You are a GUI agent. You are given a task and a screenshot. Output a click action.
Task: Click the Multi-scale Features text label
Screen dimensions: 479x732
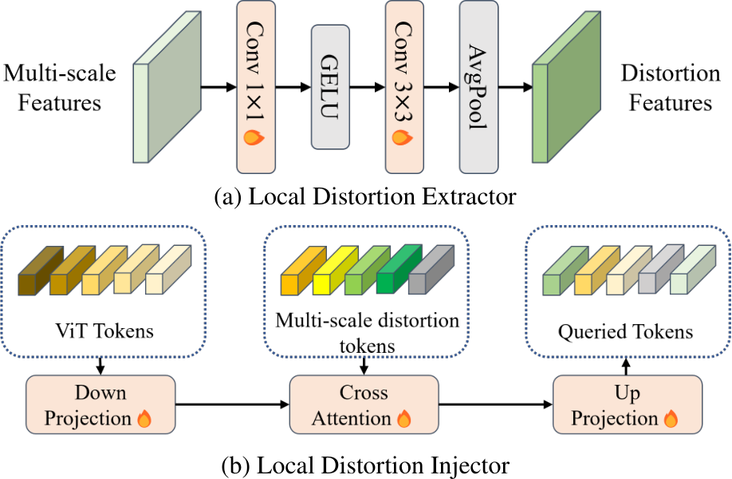59,88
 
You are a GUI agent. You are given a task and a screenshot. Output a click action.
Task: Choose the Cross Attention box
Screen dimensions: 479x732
363,405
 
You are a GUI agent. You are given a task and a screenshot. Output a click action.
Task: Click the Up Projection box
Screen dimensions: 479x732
627,405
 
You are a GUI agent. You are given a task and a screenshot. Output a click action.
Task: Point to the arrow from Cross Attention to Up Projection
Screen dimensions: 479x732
494,406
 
